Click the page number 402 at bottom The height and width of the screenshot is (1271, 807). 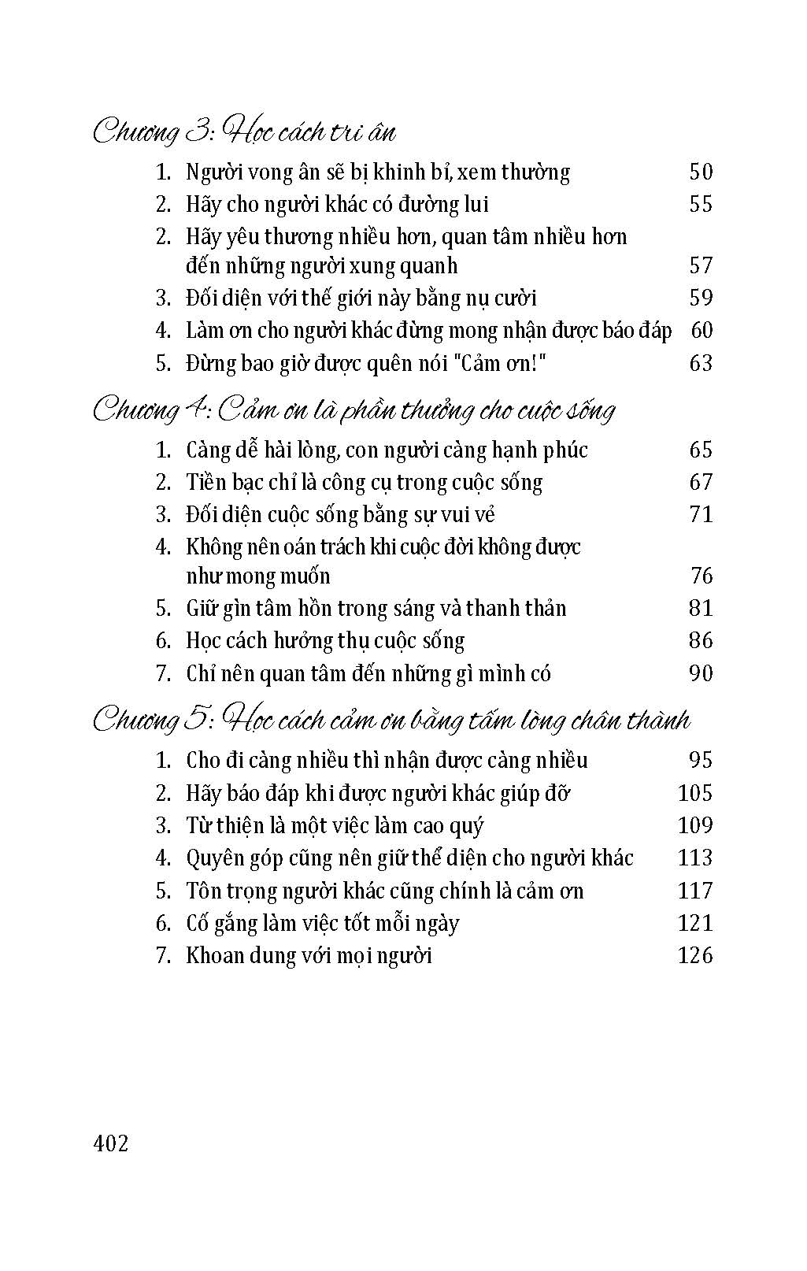[x=110, y=1143]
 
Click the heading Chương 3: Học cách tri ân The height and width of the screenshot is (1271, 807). [x=244, y=132]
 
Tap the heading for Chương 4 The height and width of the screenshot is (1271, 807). [x=354, y=409]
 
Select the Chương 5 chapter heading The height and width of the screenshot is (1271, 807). [x=391, y=719]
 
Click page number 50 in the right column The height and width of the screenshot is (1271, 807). [x=700, y=172]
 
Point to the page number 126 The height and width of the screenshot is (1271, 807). [x=694, y=955]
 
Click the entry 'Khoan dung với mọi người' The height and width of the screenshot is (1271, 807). [x=309, y=956]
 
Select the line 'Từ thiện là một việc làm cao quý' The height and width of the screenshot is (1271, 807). [x=335, y=825]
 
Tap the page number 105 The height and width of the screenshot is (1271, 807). [x=694, y=792]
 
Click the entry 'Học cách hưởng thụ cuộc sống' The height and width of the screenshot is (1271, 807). [x=325, y=640]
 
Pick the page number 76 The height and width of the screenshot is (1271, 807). [x=701, y=576]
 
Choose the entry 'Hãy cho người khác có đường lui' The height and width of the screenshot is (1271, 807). [x=337, y=205]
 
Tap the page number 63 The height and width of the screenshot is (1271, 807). [x=700, y=363]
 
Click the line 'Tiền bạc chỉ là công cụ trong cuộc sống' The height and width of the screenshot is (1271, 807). [x=364, y=482]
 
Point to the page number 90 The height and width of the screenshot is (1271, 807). [x=700, y=673]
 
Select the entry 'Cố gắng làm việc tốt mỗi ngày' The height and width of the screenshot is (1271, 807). [x=322, y=923]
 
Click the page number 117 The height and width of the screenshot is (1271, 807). [x=694, y=891]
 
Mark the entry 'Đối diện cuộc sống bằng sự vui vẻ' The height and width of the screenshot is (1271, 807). [x=340, y=514]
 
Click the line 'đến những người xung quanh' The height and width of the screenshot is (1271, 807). [x=321, y=265]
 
